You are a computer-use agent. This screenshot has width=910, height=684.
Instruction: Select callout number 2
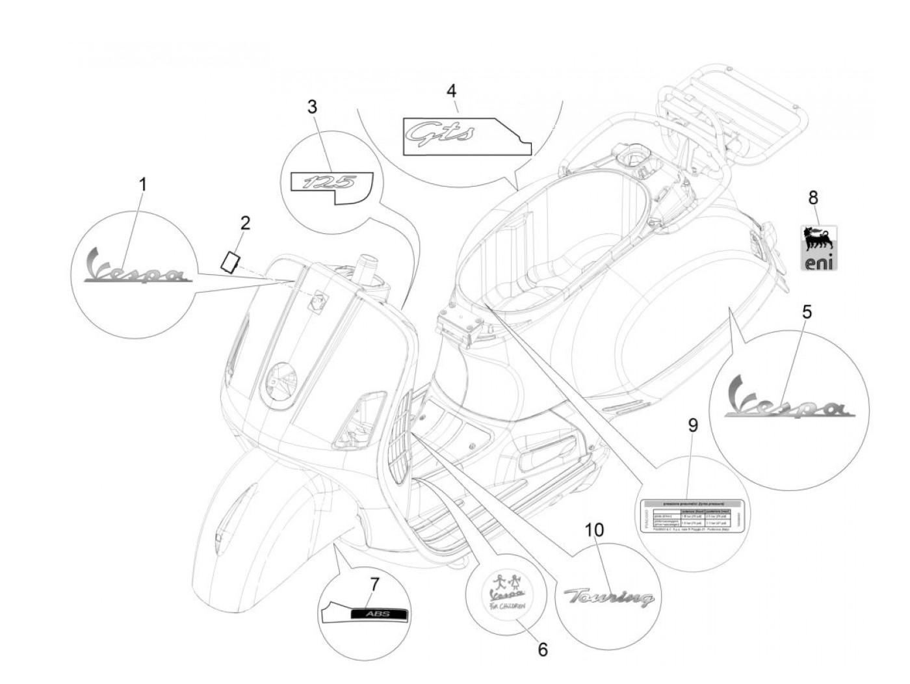click(x=245, y=224)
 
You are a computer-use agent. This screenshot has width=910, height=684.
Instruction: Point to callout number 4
click(x=451, y=91)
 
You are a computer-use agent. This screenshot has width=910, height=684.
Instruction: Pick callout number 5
click(x=806, y=311)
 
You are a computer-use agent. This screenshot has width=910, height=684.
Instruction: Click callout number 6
click(x=543, y=649)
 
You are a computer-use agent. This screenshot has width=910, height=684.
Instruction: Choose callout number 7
click(x=373, y=584)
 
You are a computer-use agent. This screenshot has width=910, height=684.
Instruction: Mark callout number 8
click(x=812, y=197)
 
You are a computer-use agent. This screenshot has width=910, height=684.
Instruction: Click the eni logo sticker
click(x=818, y=248)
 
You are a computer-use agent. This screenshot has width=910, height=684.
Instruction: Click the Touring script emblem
click(x=608, y=597)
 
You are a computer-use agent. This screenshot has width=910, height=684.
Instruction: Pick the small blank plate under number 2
click(x=230, y=261)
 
